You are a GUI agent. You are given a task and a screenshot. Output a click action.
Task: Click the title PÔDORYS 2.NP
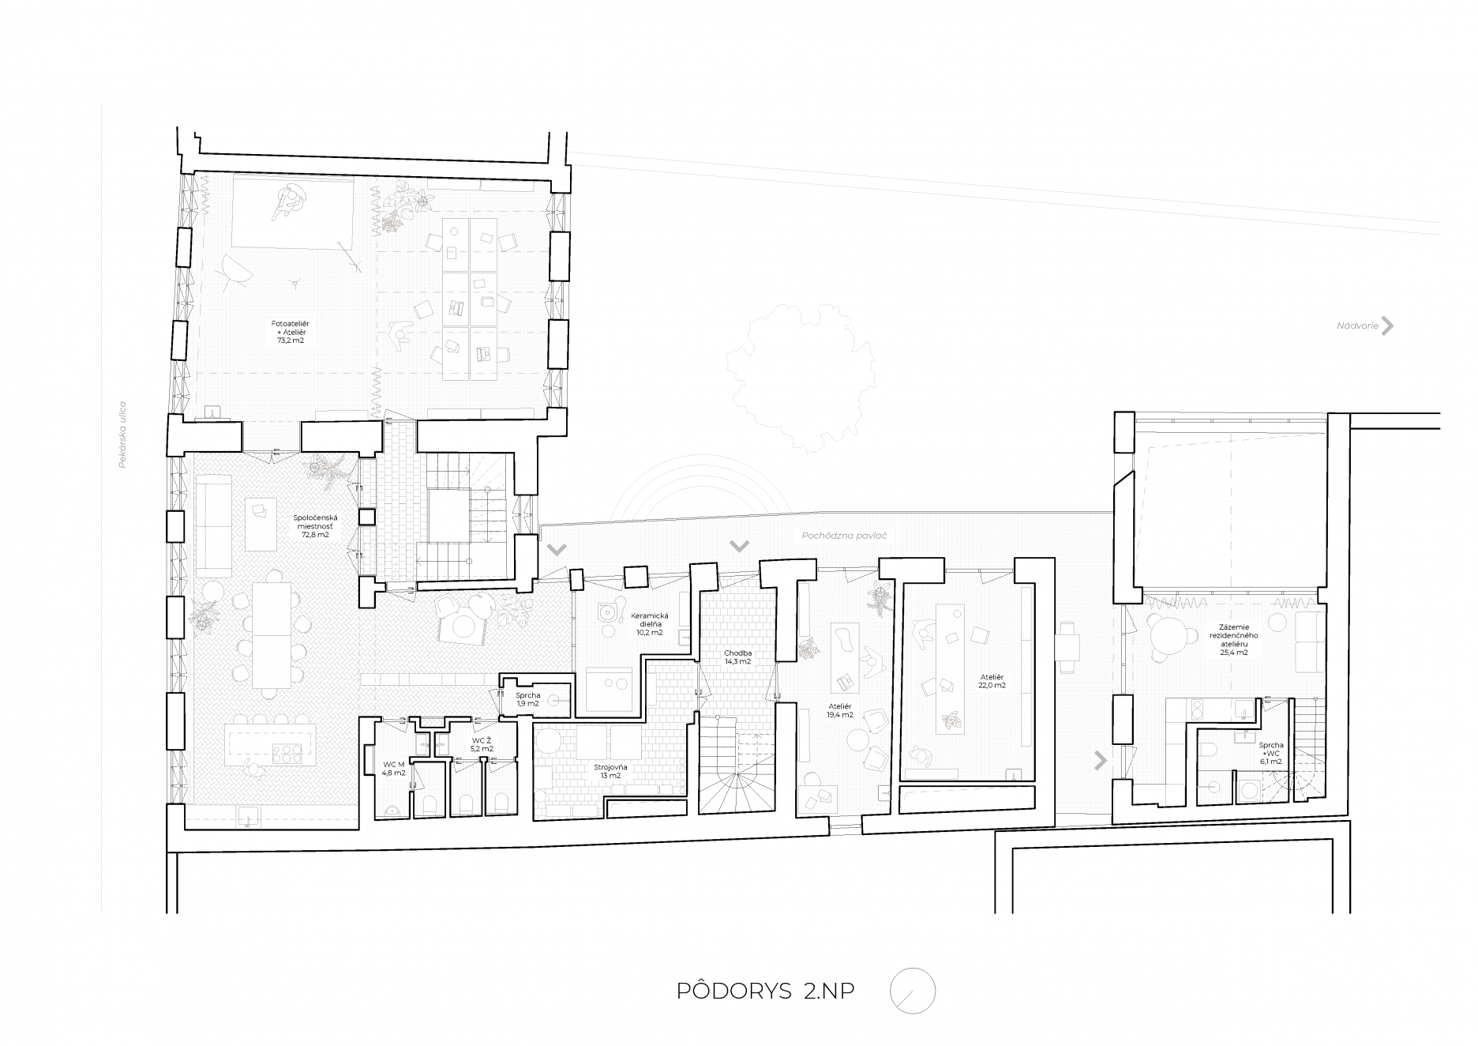tap(765, 991)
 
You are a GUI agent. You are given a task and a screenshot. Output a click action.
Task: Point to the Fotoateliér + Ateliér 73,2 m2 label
tap(288, 332)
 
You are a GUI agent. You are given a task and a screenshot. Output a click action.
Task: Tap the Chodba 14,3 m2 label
tap(737, 657)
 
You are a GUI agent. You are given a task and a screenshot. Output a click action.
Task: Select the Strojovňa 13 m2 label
tap(607, 771)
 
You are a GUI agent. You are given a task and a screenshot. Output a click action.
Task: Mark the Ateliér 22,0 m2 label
tap(992, 680)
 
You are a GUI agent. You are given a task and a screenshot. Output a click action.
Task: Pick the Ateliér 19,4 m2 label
tap(839, 710)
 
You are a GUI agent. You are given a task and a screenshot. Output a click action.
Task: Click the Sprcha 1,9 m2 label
tap(528, 699)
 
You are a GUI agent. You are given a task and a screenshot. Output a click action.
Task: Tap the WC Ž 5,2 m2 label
tap(482, 744)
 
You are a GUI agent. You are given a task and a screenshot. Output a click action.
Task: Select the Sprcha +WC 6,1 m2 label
tap(1271, 754)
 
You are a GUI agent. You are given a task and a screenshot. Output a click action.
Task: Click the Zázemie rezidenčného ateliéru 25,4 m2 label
tap(1232, 640)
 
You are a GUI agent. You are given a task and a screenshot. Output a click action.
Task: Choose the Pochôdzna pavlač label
tap(844, 536)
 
